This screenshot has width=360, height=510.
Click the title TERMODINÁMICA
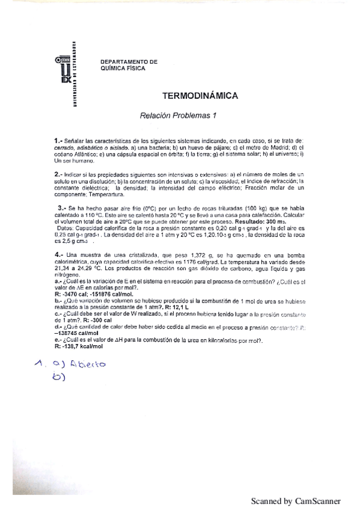200,96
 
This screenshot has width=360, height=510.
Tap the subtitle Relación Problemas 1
178,115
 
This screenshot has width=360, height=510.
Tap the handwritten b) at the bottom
58,378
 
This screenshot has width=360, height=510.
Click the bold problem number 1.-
59,141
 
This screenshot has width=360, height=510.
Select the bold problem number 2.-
59,174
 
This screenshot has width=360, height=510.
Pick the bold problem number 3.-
61,207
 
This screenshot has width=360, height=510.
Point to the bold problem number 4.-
59,255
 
